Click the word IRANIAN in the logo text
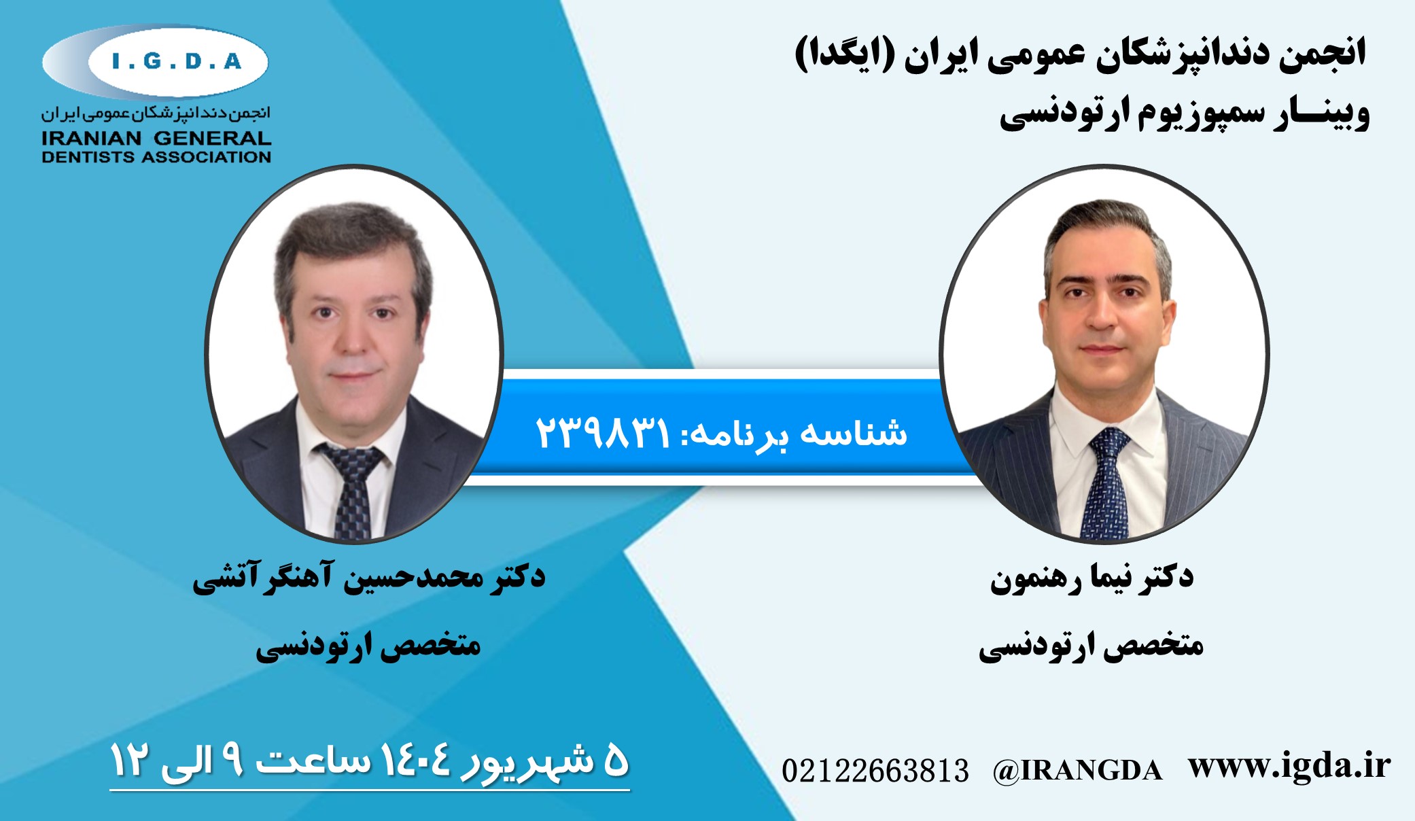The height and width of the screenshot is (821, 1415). point(91,138)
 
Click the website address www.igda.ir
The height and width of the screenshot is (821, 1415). point(1289,766)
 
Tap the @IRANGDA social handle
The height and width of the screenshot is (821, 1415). point(1077,771)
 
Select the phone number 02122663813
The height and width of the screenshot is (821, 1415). point(875,771)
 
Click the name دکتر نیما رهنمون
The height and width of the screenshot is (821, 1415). point(1091,578)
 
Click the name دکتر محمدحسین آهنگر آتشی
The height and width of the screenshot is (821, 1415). point(369,578)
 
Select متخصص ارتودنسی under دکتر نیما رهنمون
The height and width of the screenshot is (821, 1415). point(1091,646)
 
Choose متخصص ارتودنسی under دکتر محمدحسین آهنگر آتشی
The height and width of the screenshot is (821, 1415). point(368,646)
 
